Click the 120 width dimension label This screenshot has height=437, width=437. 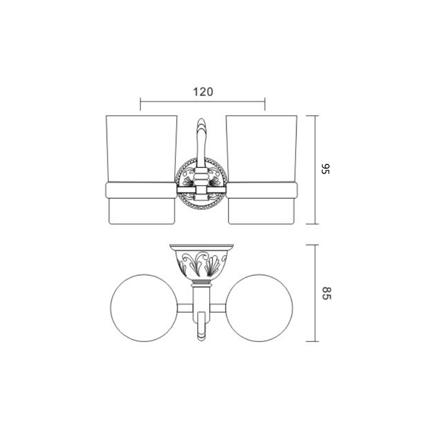coord(203,92)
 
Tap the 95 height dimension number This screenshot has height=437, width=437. coord(325,169)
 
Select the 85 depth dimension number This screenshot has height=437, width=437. coord(326,293)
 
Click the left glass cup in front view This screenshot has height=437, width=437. coord(141,170)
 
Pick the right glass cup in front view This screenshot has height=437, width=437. coord(262,170)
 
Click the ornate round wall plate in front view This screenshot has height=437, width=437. coord(201,184)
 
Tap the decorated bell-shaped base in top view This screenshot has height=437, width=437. coord(202,262)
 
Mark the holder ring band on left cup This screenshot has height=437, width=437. coord(141,190)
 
